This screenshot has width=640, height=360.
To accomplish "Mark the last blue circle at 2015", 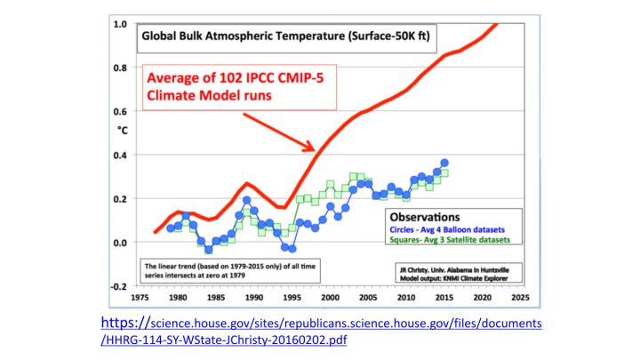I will [x=444, y=164].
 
